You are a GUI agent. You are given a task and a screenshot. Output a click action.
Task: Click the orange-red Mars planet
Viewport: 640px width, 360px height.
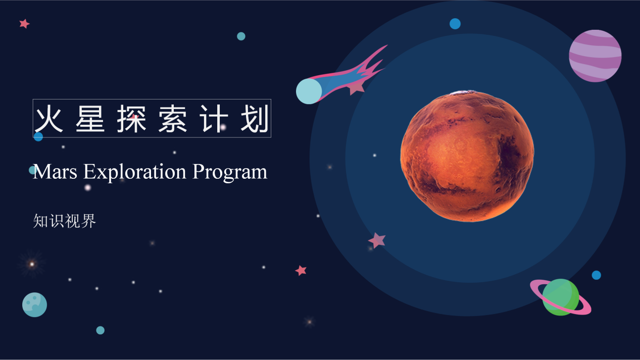tap(467, 156)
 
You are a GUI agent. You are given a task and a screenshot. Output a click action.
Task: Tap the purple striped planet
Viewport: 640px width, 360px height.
tap(595, 56)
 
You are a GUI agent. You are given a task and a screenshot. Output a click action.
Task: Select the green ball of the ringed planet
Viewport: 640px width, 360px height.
tap(561, 297)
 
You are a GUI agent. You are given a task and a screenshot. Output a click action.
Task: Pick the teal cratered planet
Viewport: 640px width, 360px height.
tap(34, 304)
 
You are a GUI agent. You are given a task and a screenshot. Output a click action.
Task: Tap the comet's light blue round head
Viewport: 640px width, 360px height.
tap(309, 91)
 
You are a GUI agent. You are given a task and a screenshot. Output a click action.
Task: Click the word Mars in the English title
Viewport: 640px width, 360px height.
tap(55, 172)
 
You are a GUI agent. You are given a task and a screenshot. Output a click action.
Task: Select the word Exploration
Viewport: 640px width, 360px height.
tap(135, 172)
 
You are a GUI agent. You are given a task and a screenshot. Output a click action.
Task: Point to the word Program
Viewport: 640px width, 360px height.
tap(230, 172)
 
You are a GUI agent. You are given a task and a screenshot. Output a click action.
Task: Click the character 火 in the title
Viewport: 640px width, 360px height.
tap(49, 118)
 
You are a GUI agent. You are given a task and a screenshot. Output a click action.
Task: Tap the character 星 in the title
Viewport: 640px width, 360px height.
tap(90, 118)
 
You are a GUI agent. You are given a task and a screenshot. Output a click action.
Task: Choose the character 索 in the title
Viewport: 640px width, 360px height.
tap(173, 118)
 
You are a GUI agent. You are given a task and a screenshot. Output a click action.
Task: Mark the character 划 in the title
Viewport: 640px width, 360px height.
tap(255, 118)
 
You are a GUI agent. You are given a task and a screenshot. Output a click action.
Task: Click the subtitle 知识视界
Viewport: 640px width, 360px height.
tap(65, 221)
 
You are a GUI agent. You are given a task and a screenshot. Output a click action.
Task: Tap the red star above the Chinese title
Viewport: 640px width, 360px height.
tap(25, 24)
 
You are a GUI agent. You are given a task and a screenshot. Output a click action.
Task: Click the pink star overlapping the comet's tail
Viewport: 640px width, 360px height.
tap(357, 87)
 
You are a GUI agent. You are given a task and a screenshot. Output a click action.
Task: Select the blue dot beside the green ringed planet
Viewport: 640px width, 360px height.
tap(596, 275)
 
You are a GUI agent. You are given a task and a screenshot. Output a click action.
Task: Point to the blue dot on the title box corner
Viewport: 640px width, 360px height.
tap(38, 137)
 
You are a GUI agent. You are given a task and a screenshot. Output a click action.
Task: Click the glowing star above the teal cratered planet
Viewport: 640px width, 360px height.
tap(32, 264)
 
